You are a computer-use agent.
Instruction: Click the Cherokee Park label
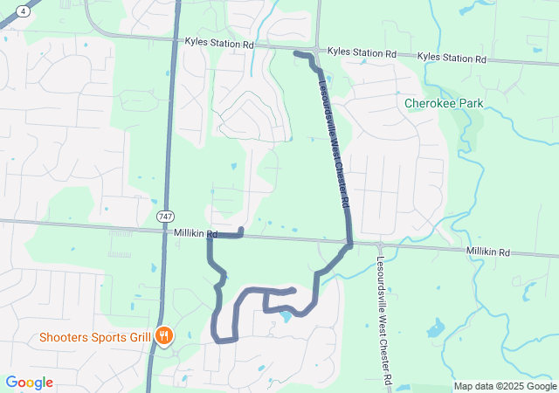444,103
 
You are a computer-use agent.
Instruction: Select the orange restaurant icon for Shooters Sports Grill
162,336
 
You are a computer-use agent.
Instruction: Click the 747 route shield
166,215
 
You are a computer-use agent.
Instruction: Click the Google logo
29,383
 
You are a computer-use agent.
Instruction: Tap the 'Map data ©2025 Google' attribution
505,387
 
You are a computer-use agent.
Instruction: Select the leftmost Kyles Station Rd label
218,43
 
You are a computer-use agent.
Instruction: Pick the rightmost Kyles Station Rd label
452,58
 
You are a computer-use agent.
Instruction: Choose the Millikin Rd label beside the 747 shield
195,232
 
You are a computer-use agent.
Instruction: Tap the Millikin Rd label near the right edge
487,252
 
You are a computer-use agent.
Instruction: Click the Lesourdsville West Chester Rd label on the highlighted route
335,145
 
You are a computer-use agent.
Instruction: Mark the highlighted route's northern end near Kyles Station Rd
297,54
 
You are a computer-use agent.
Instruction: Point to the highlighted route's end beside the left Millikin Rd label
241,230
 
